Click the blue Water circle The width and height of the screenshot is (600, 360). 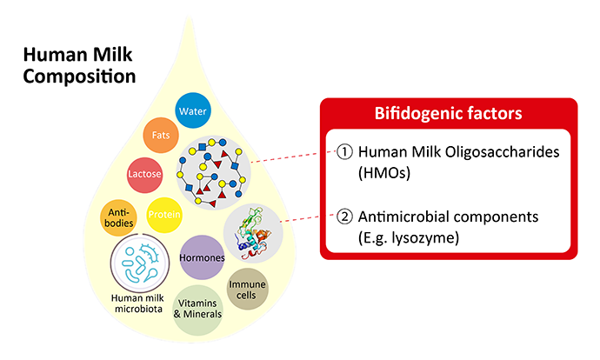[x=193, y=110]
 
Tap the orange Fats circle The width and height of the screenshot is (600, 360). [x=161, y=135]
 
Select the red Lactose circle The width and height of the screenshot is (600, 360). [x=144, y=175]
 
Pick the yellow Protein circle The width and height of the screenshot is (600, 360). [x=164, y=215]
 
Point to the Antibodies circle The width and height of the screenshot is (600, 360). [x=118, y=217]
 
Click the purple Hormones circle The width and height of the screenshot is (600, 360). [x=202, y=257]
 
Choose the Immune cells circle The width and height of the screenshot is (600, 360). [x=247, y=290]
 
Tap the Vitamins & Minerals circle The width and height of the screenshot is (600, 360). [x=198, y=309]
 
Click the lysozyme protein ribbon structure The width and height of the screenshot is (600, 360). [x=252, y=233]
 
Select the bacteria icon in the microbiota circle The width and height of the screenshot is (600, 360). [x=140, y=263]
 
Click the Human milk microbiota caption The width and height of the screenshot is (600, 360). [x=137, y=303]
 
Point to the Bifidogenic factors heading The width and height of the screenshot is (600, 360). [x=448, y=113]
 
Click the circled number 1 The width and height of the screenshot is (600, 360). [x=344, y=152]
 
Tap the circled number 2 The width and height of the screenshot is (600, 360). [x=344, y=217]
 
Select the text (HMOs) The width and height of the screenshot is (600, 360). [x=384, y=173]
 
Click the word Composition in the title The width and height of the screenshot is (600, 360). [x=80, y=77]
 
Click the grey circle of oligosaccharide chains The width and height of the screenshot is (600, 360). [x=214, y=172]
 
